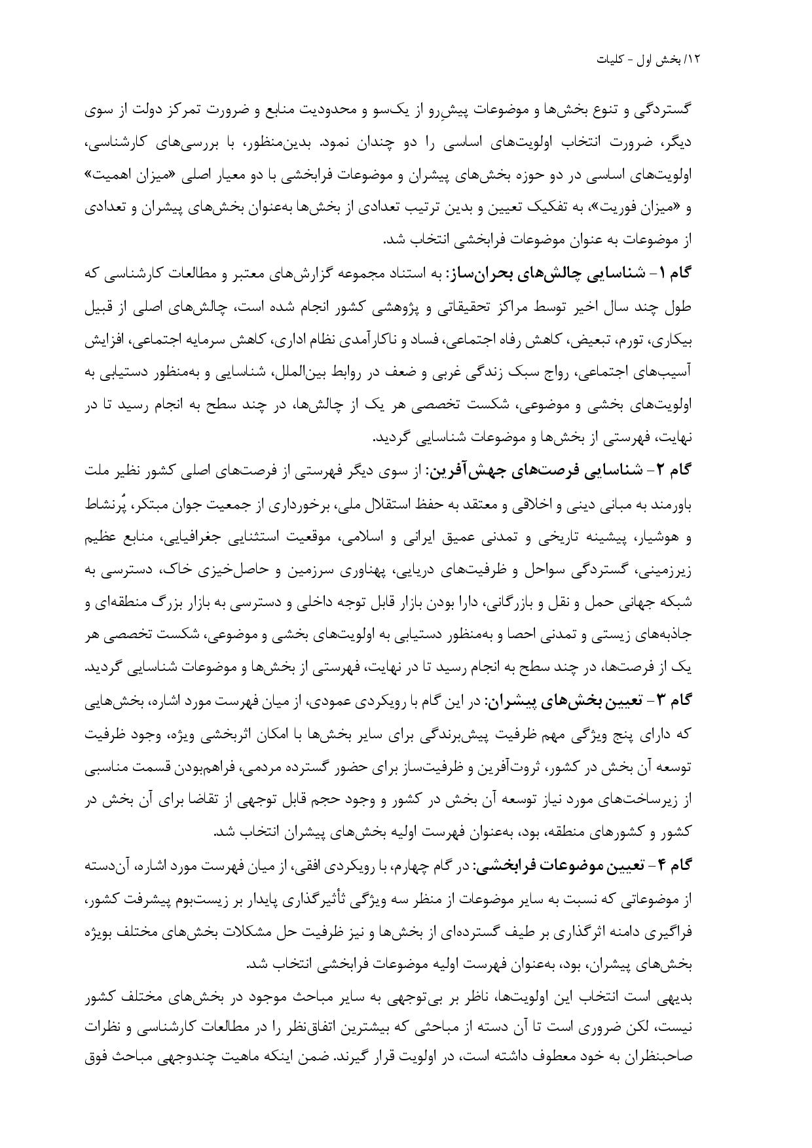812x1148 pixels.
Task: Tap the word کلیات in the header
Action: [x=611, y=59]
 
